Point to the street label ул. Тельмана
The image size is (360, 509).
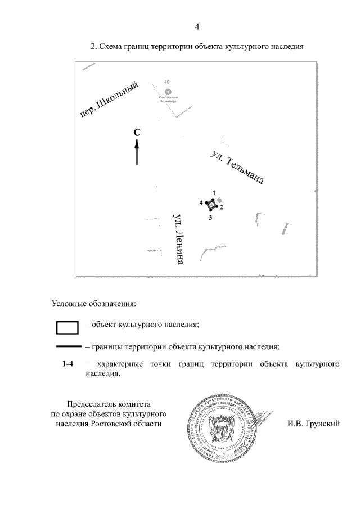(x=236, y=167)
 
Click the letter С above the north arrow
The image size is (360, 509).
(x=137, y=132)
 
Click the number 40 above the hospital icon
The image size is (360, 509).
(x=166, y=82)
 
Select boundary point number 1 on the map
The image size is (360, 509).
(x=214, y=193)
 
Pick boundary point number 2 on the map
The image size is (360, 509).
(x=221, y=208)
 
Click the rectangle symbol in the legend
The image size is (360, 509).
(x=66, y=327)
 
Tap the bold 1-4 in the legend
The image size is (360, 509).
(x=68, y=364)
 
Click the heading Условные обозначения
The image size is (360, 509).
(x=94, y=304)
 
